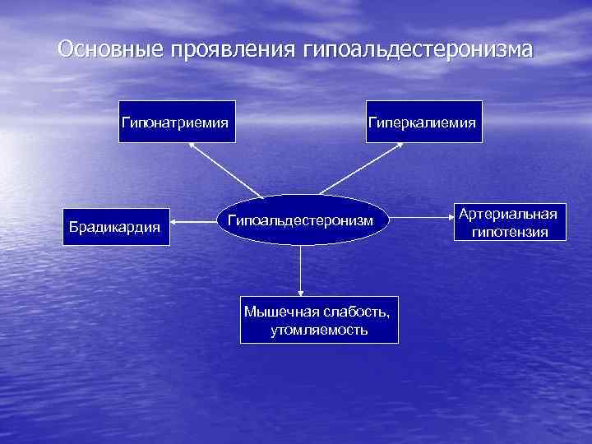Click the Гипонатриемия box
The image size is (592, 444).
177,122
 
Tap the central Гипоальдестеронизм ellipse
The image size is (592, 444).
300,220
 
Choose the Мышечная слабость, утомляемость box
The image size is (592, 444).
319,320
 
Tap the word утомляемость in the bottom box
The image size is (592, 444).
319,330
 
